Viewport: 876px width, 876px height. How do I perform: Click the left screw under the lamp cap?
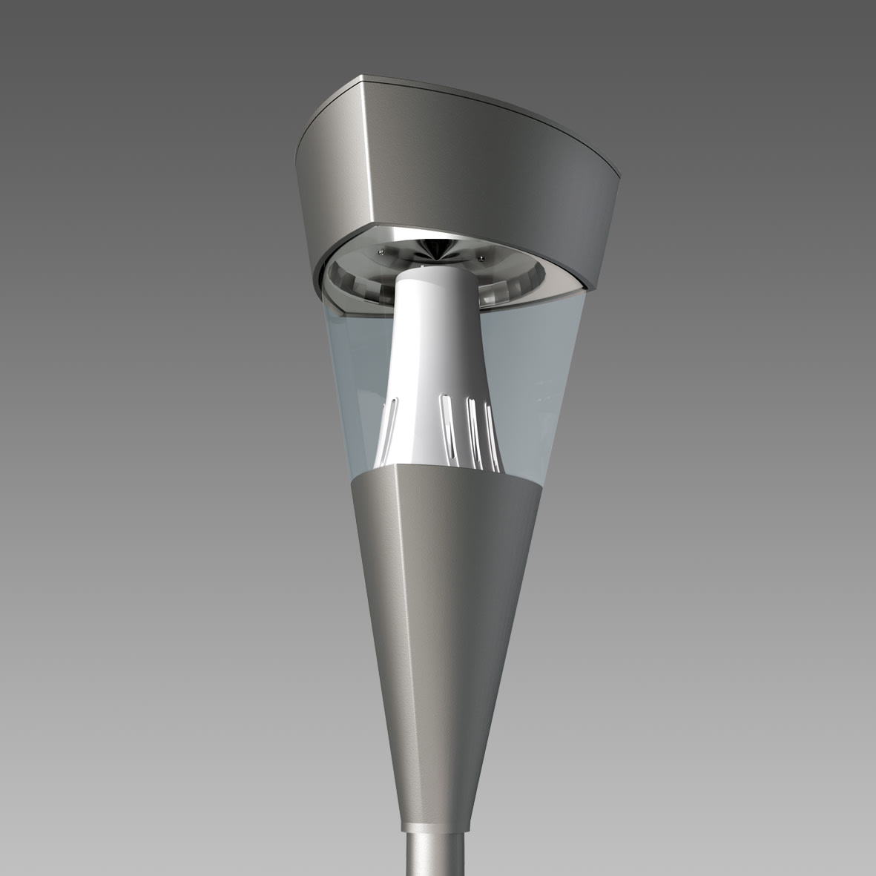[x=381, y=253]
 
